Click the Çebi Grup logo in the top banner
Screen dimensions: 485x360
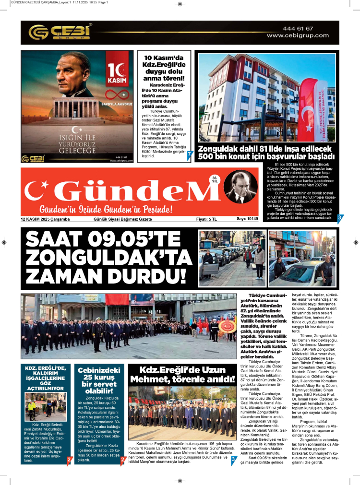pos(60,32)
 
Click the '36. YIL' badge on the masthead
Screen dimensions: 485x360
pos(215,180)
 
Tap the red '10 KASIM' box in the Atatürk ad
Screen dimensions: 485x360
pos(117,71)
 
